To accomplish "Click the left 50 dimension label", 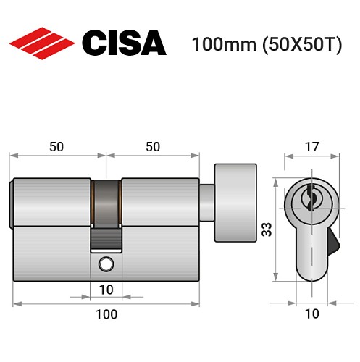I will (x=56, y=146).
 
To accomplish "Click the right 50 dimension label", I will (x=152, y=146).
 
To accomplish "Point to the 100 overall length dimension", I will (x=106, y=314).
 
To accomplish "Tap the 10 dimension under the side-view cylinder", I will (x=106, y=290).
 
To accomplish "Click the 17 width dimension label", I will (x=311, y=148).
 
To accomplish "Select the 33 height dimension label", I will (x=267, y=230).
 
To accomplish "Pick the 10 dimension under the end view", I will (x=311, y=314).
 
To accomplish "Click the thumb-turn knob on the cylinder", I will (x=235, y=204).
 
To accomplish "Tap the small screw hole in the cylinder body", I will (x=106, y=262).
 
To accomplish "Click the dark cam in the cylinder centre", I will (x=106, y=203).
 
